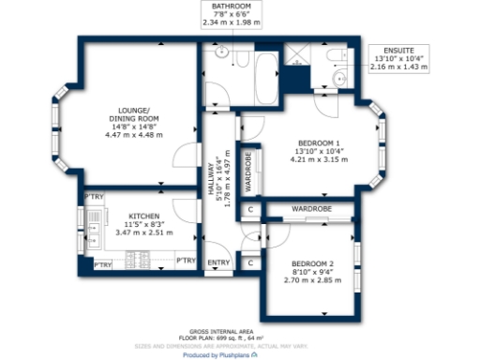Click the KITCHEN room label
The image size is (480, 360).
(133, 216)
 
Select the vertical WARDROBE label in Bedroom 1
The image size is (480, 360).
(247, 172)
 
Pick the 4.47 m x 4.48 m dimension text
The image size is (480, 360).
(133, 136)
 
